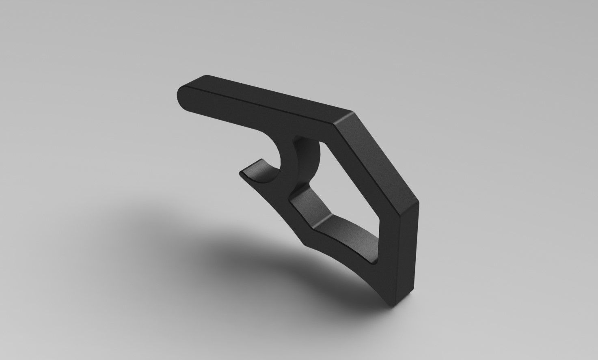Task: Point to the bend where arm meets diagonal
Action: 345,118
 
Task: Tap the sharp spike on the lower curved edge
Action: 305,244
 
